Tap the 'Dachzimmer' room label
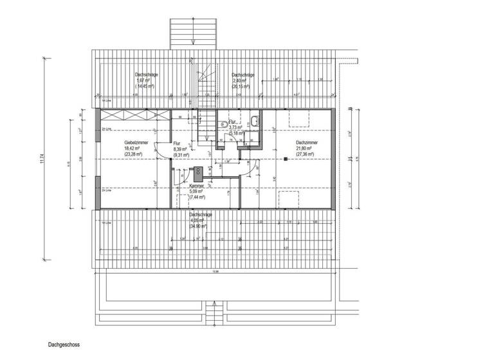(x=306, y=143)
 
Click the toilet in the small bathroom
(x=223, y=122)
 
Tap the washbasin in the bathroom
(x=255, y=120)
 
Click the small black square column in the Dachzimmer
(x=284, y=157)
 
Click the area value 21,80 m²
(x=304, y=148)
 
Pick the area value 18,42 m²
(x=132, y=148)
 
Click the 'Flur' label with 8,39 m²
(x=177, y=143)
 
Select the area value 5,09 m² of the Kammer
(x=197, y=191)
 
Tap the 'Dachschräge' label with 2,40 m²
(x=242, y=75)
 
